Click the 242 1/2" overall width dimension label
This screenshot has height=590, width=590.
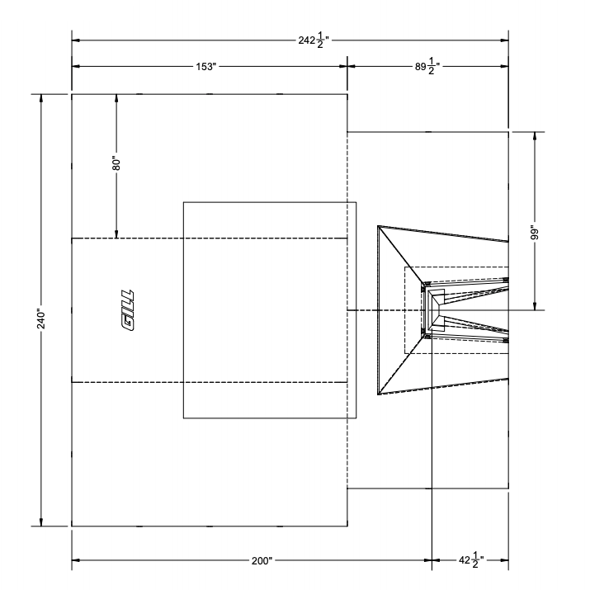point(314,40)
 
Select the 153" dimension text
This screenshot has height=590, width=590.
point(205,65)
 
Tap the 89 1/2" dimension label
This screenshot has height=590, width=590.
point(428,65)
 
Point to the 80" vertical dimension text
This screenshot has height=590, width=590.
point(116,163)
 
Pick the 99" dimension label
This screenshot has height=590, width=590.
point(535,233)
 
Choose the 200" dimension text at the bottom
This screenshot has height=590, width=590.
point(262,560)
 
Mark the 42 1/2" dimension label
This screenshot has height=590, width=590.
point(470,560)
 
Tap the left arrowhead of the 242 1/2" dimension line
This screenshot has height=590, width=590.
point(76,40)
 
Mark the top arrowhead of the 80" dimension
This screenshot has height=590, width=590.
point(116,98)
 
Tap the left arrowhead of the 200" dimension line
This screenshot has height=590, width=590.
point(76,560)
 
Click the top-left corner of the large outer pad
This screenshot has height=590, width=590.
point(72,94)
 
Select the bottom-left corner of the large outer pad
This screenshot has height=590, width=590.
point(72,526)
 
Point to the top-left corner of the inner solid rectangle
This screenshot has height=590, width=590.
point(183,202)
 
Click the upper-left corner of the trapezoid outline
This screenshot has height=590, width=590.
point(378,225)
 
